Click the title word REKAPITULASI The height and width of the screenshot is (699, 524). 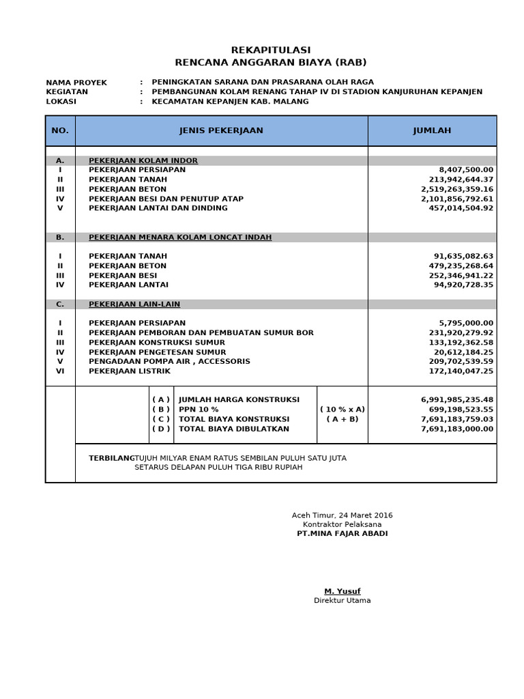(271, 50)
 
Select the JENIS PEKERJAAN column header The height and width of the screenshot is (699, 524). (221, 130)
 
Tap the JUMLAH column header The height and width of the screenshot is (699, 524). (432, 130)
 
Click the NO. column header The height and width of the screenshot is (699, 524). (60, 130)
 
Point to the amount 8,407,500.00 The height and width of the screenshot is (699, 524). (466, 170)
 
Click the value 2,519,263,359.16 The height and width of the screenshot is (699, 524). (457, 189)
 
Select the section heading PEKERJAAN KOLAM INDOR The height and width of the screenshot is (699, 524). (143, 160)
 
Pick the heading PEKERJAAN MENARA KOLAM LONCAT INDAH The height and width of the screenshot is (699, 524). (180, 238)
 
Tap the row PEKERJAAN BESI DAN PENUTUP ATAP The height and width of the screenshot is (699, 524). (166, 199)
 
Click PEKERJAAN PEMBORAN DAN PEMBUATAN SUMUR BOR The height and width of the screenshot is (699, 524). (201, 332)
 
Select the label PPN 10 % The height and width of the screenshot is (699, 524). (199, 409)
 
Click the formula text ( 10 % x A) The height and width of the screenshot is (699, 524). (343, 409)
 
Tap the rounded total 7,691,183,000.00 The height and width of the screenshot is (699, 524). (457, 429)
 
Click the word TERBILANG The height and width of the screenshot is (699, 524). (111, 458)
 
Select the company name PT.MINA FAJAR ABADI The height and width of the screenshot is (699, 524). (342, 533)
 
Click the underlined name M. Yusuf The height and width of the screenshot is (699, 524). (342, 590)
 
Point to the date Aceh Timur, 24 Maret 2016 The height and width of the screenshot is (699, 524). (342, 515)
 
